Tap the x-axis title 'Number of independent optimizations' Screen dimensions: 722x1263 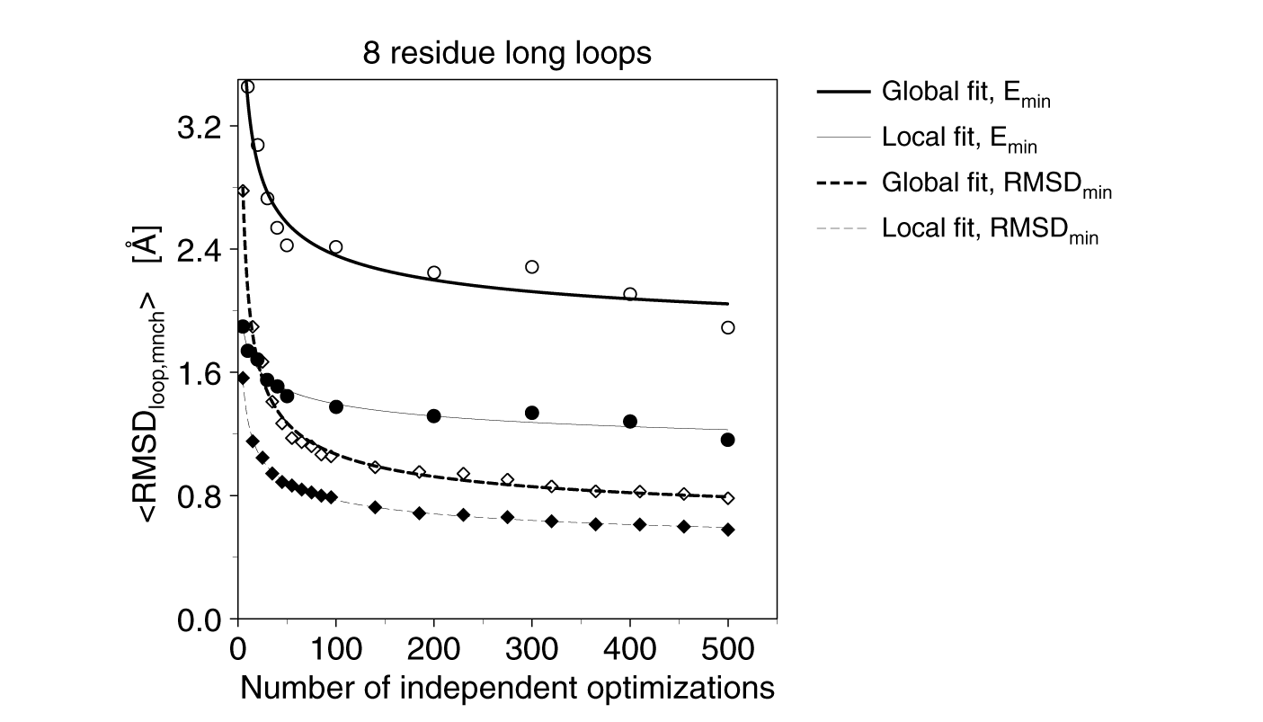click(507, 688)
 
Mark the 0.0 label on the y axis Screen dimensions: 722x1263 click(200, 620)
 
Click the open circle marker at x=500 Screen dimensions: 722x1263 click(728, 327)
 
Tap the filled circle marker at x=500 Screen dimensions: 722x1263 click(728, 440)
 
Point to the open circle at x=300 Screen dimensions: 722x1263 click(531, 267)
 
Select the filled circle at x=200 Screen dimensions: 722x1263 click(433, 415)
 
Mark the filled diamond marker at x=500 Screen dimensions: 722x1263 click(728, 530)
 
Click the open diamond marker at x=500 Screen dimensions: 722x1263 click(728, 498)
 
